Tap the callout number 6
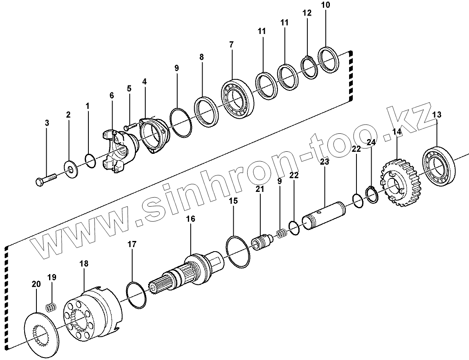(x=111, y=95)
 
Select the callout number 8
(x=201, y=57)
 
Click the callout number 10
(x=325, y=5)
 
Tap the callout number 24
(x=371, y=142)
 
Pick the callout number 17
(x=132, y=245)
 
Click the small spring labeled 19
(x=51, y=307)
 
